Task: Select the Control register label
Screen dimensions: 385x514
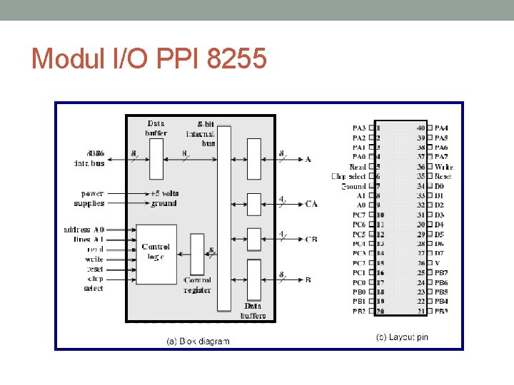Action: tap(197, 285)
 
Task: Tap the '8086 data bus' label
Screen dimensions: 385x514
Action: tap(91, 158)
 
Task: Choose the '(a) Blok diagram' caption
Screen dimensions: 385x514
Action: tap(198, 341)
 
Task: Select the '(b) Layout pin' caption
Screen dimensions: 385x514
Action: tap(402, 337)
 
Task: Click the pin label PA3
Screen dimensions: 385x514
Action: tap(358, 128)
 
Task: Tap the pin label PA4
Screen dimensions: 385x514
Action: tap(443, 128)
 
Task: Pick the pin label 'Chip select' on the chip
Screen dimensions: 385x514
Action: tap(348, 176)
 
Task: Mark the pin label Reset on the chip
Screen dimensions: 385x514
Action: tap(443, 176)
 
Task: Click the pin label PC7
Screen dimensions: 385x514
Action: tap(358, 215)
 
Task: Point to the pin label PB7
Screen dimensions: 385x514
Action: tap(443, 272)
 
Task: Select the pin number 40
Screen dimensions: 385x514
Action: tap(420, 128)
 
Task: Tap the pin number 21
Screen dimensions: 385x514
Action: tap(420, 311)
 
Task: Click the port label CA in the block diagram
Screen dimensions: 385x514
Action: tap(311, 204)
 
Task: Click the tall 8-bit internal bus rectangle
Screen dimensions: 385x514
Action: tap(224, 217)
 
